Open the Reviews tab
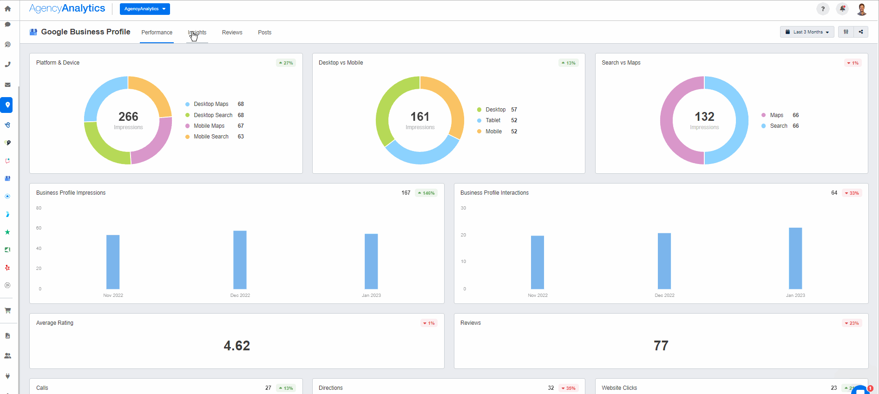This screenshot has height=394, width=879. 232,33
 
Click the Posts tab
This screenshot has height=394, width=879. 264,33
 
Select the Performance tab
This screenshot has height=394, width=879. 157,33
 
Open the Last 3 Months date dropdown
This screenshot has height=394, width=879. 807,32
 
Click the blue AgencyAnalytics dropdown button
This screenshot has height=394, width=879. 144,9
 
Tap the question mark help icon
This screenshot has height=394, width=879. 822,9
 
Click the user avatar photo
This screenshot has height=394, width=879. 861,9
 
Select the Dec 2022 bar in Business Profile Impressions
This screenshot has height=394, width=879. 240,260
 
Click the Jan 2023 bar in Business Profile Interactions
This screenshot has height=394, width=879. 795,258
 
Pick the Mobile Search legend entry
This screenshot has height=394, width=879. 211,137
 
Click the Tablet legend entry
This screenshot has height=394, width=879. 493,120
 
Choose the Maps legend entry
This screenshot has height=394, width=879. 776,115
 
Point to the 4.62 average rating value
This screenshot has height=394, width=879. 236,346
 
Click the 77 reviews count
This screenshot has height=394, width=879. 661,346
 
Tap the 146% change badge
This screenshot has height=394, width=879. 426,193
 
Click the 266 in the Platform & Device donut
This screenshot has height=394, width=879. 128,117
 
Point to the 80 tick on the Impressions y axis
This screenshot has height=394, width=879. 39,208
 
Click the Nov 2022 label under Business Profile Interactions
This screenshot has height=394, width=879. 538,295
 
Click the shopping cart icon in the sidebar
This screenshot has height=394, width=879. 7,310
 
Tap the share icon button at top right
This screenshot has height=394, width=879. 860,32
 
